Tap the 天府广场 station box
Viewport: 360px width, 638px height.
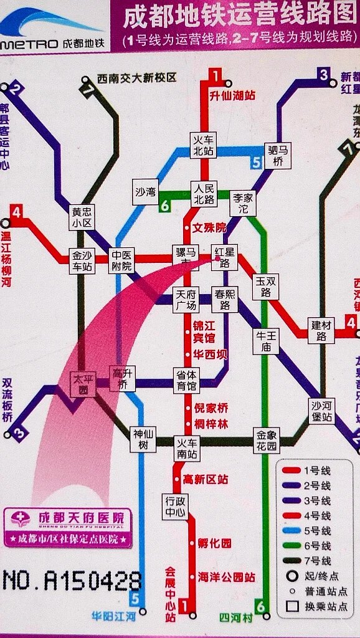point(186,300)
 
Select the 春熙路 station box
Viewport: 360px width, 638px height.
point(224,300)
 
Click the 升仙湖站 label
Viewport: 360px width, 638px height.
point(232,95)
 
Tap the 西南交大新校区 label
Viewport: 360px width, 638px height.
point(136,79)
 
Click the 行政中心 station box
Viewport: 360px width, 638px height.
point(175,507)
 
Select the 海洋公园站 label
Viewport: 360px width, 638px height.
point(226,578)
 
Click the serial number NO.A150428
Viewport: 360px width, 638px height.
point(72,581)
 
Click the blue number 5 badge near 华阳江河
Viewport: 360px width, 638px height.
point(135,599)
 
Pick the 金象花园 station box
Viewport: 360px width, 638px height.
point(266,440)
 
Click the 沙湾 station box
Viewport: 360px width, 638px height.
point(146,193)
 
